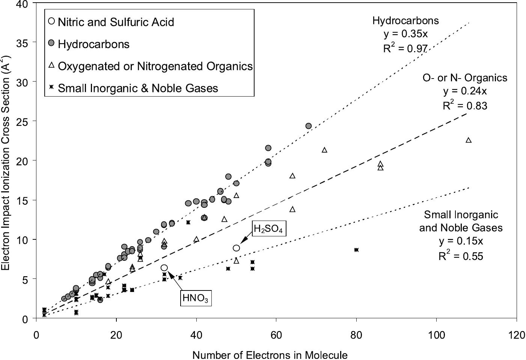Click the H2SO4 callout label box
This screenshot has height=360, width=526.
(x=268, y=228)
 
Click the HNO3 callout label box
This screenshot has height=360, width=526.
(x=196, y=298)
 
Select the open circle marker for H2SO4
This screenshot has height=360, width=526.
(x=236, y=248)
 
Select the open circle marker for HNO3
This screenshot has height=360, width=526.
(x=164, y=268)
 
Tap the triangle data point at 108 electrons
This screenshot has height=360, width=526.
(x=468, y=140)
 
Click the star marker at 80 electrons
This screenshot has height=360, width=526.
(x=356, y=250)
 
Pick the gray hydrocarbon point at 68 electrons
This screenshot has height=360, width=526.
(x=308, y=126)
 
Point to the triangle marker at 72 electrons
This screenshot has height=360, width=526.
(x=324, y=150)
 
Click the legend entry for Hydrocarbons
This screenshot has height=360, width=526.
(x=93, y=44)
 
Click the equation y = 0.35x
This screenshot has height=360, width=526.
(x=405, y=34)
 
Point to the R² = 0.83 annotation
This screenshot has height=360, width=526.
(x=465, y=106)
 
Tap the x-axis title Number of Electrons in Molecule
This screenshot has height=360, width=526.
(x=270, y=355)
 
